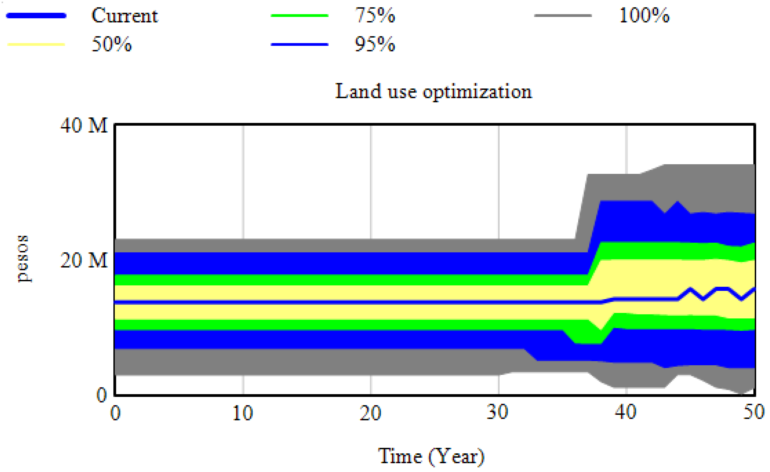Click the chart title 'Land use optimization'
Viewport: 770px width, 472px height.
[433, 92]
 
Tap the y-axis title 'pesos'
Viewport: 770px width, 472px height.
[23, 259]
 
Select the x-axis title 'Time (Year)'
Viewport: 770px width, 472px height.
[431, 456]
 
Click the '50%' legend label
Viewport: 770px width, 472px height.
[112, 44]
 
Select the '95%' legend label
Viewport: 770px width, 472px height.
[375, 44]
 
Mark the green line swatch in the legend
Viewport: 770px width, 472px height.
[299, 15]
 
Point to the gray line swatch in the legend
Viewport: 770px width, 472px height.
[563, 15]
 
